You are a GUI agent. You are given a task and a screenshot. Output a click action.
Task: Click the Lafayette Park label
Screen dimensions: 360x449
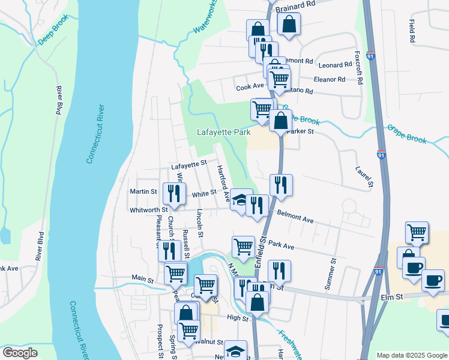pos(224,132)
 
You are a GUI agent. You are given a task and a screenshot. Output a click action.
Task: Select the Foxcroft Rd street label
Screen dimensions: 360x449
pos(358,67)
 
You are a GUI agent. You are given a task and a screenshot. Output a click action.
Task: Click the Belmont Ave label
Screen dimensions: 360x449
pos(295,217)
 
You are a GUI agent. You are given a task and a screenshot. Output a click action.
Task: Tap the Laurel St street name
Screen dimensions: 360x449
pos(364,176)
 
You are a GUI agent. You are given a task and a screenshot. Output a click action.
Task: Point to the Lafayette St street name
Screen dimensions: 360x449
pos(188,163)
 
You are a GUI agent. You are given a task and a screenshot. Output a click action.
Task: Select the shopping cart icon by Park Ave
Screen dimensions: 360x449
pos(243,247)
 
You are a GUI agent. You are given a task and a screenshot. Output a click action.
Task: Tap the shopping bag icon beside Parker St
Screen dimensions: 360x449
pos(280,120)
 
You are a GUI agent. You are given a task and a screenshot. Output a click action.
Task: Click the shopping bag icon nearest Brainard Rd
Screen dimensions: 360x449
pos(289,25)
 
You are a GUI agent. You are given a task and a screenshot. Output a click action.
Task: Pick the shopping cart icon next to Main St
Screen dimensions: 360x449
pos(175,274)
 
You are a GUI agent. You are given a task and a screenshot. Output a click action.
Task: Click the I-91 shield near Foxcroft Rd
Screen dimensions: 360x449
pos(371,56)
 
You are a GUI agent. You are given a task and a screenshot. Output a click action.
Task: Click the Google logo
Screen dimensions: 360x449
pos(20,353)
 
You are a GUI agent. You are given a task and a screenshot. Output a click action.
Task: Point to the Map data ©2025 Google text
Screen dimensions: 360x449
pos(411,355)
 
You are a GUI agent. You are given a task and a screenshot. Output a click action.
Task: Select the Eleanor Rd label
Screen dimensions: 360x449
pos(330,79)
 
